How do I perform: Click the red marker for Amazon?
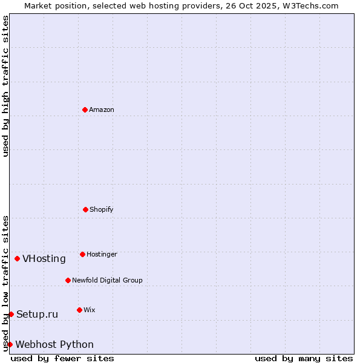(85, 110)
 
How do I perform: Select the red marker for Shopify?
(85, 209)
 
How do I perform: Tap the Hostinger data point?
(82, 254)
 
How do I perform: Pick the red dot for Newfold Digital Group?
(68, 280)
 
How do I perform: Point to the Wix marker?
(79, 310)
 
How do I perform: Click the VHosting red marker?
(17, 258)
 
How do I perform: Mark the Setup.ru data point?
(11, 314)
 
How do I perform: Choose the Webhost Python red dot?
(10, 344)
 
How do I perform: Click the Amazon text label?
(102, 110)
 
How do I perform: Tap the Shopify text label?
(102, 209)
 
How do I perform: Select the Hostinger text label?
(102, 254)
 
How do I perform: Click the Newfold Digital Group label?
(107, 280)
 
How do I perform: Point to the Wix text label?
(89, 310)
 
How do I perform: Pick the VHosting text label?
(44, 259)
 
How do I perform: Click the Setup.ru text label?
(37, 314)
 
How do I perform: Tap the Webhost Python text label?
(54, 345)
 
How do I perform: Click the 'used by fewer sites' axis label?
(62, 358)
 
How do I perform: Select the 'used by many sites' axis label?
(304, 358)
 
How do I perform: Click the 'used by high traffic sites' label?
(5, 86)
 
